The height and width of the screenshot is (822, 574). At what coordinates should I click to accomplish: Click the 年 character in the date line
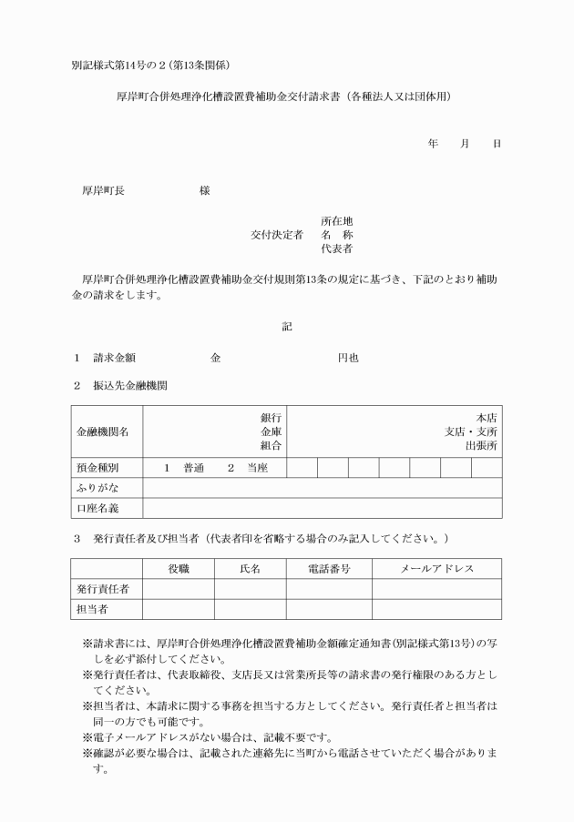pos(433,144)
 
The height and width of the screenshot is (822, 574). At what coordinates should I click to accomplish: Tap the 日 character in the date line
pos(497,144)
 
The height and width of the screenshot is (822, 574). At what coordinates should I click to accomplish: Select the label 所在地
pos(336,221)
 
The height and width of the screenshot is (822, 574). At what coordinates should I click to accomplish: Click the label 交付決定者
pos(277,235)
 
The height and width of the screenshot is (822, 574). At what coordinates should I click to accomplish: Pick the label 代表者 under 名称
pos(336,249)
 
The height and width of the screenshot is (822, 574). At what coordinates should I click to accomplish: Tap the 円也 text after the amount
pos(347,359)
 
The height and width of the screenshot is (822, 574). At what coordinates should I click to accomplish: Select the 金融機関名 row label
pos(102,431)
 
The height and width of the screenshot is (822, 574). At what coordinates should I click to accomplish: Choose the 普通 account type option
pos(193,468)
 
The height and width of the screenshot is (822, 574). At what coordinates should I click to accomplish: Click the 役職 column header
pos(179,569)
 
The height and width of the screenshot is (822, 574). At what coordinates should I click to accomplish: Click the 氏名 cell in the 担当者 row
pos(251,609)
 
